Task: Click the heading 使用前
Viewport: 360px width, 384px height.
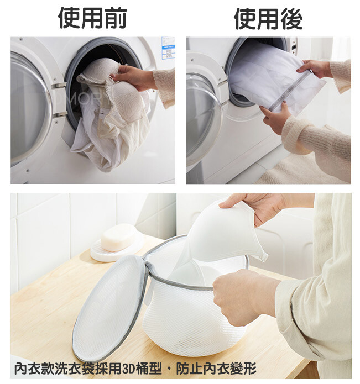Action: (x=92, y=18)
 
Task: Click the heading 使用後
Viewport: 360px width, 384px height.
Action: (x=268, y=18)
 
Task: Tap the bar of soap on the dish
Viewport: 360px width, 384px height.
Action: (x=118, y=237)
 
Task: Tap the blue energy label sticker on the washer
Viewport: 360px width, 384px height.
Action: (x=168, y=48)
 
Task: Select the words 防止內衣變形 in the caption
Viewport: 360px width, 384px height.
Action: (x=216, y=369)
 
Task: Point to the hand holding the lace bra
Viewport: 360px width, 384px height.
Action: (x=134, y=77)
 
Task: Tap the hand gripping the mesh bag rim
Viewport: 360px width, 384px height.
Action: (x=243, y=296)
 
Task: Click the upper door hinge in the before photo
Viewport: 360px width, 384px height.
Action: (x=59, y=86)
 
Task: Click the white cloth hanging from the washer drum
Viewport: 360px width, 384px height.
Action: (x=103, y=137)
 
